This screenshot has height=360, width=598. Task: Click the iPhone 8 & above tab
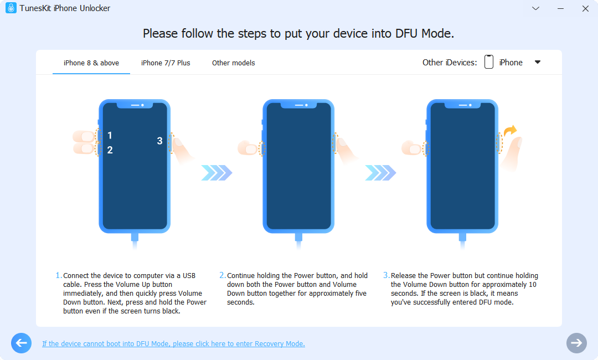tap(91, 63)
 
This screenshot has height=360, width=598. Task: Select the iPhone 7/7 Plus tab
tap(166, 63)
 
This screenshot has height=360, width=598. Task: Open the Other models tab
tap(233, 63)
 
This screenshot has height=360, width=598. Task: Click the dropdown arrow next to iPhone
tap(537, 62)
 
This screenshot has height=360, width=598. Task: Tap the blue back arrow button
tap(21, 343)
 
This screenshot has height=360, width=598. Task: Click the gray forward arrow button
tap(576, 343)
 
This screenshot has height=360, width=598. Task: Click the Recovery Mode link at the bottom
tap(173, 344)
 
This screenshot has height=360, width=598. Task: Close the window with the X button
tap(585, 8)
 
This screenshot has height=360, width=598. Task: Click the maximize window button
tap(560, 8)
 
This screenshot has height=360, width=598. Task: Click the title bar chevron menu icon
tap(535, 8)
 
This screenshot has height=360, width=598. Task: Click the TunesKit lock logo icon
tap(11, 8)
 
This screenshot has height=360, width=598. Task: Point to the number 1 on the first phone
tap(110, 136)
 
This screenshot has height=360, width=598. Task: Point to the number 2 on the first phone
tap(110, 150)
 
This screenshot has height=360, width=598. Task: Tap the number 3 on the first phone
tap(159, 141)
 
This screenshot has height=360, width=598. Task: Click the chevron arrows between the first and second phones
tap(216, 173)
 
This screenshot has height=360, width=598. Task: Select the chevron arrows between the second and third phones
tap(380, 173)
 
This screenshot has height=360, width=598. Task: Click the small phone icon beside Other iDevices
tap(488, 62)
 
